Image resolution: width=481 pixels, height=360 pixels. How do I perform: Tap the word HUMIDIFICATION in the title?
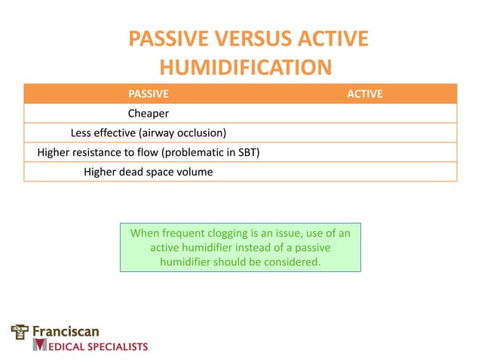[x=247, y=68]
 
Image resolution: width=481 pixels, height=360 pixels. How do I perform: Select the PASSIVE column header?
[x=148, y=94]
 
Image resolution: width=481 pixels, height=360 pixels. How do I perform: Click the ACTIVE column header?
[x=364, y=94]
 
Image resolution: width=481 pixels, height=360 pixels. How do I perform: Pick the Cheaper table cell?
[x=148, y=114]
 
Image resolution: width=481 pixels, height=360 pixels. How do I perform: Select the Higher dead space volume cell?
[x=148, y=172]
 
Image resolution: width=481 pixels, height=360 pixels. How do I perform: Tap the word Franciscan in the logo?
[x=66, y=331]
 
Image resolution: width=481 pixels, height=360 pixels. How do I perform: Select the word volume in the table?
[x=195, y=172]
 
